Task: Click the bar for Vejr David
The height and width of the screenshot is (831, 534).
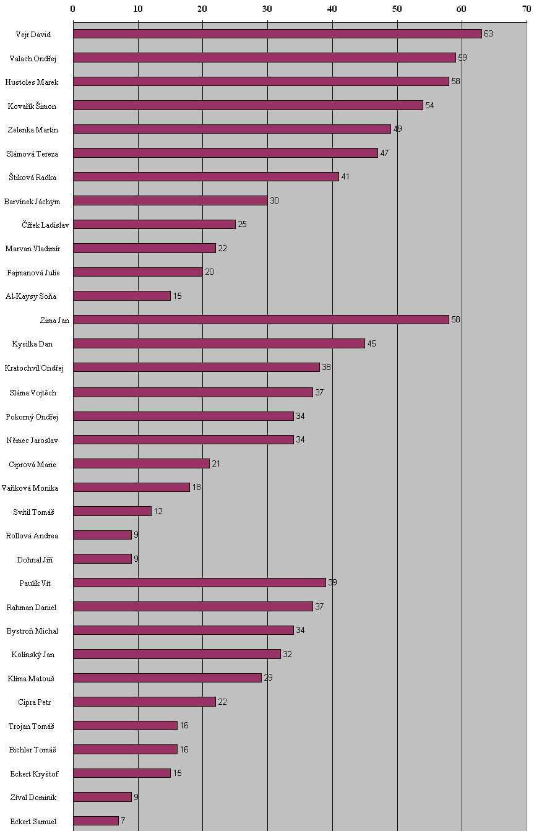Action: (277, 34)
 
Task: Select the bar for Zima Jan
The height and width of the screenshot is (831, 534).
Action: (261, 320)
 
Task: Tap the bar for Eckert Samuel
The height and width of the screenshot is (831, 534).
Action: (96, 820)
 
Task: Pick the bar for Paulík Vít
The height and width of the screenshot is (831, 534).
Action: (199, 582)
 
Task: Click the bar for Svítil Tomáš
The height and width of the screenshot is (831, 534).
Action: (112, 511)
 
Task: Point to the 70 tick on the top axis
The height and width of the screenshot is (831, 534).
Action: (526, 9)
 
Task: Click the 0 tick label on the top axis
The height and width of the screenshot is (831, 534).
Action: (73, 9)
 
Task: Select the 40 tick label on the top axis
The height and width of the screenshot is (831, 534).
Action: (332, 9)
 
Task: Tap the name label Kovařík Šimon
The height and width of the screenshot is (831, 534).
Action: (32, 106)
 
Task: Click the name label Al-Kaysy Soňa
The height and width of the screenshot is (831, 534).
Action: (31, 296)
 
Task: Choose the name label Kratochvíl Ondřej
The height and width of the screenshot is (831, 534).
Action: (34, 368)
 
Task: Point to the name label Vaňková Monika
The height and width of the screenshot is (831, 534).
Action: (30, 488)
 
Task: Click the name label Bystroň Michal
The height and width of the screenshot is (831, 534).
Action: (32, 631)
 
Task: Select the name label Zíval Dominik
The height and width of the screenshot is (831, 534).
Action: (33, 798)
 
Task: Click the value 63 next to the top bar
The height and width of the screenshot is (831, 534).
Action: (488, 34)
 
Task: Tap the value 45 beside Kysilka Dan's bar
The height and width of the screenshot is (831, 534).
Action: (371, 343)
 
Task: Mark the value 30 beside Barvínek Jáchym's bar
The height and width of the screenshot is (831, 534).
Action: (274, 200)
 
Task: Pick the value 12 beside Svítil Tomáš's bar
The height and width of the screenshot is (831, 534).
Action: (158, 511)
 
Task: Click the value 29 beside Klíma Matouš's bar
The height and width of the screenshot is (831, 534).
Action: (268, 678)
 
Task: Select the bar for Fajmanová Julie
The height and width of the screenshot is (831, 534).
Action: (138, 272)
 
